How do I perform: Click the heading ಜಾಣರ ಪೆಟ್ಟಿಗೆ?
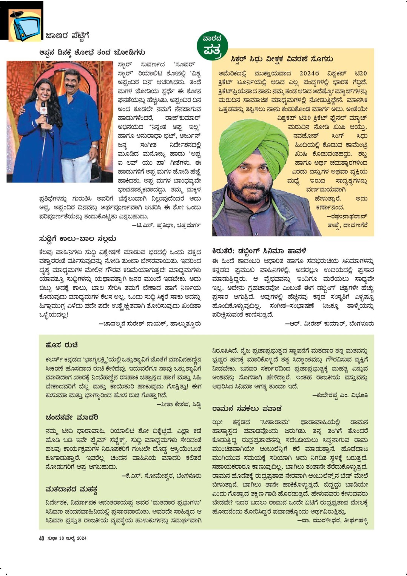click(67, 36)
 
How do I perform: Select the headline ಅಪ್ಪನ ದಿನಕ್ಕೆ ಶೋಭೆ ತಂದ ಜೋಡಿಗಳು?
click(92, 52)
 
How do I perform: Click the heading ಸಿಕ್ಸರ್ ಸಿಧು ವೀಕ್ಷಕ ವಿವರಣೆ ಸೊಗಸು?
click(282, 59)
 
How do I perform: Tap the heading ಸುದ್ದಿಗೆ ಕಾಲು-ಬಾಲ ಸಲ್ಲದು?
click(77, 239)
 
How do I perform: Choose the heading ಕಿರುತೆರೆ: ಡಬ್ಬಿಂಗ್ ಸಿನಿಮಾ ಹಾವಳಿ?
click(259, 251)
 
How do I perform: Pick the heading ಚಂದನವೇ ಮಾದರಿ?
click(72, 417)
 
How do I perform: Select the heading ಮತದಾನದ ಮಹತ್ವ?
click(71, 490)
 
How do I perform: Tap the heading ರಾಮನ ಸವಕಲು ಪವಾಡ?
click(247, 408)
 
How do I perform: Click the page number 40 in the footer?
click(42, 538)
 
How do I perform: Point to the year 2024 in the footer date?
click(82, 538)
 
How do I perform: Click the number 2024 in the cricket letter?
click(309, 73)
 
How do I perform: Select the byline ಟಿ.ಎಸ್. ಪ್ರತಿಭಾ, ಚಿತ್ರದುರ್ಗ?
click(166, 225)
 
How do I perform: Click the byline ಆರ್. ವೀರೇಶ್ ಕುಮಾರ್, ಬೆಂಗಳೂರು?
click(330, 324)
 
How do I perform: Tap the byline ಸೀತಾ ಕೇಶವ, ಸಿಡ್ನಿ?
click(179, 405)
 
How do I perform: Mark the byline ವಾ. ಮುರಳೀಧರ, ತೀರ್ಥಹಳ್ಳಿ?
click(332, 520)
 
